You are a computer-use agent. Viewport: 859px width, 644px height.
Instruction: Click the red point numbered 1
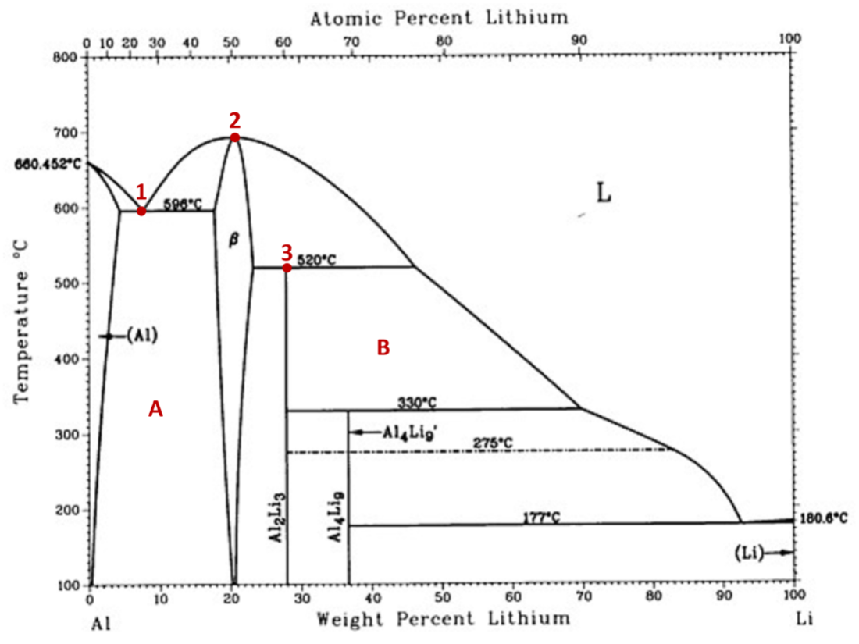point(141,211)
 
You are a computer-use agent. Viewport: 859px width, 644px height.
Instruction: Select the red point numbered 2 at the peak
point(234,137)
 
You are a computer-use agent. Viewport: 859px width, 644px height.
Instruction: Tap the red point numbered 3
point(287,268)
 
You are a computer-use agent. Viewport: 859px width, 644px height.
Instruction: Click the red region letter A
point(155,409)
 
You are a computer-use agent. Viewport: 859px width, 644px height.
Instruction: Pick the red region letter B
point(383,348)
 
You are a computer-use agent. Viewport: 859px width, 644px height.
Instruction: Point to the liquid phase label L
point(604,193)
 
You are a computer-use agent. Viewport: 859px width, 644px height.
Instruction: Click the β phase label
point(233,241)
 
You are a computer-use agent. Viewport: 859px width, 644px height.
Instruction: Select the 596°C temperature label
point(183,205)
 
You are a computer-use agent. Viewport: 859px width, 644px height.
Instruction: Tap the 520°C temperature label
point(316,260)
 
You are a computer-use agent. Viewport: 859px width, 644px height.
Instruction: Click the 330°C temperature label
point(417,403)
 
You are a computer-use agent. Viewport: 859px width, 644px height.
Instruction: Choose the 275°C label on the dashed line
point(493,443)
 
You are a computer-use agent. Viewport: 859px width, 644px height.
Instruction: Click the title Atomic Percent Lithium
point(439,17)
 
